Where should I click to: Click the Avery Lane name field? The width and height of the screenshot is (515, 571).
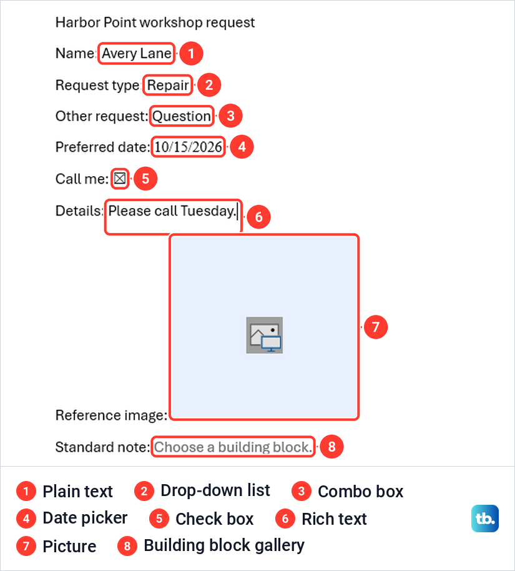click(x=137, y=54)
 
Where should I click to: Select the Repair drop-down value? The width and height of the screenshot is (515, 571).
click(x=168, y=85)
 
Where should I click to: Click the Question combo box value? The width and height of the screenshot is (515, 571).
click(x=182, y=116)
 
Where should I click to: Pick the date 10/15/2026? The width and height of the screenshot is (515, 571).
click(x=188, y=147)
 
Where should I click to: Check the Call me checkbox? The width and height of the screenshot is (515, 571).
click(x=120, y=179)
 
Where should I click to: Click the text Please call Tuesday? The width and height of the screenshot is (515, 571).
click(x=172, y=211)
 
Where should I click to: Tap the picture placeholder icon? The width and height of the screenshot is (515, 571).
click(x=265, y=335)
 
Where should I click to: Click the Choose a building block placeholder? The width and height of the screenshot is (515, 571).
click(x=233, y=447)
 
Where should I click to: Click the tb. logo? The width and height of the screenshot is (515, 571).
click(x=485, y=518)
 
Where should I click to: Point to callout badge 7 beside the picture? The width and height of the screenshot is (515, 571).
click(x=376, y=327)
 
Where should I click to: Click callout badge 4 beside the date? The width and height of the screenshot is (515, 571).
click(x=242, y=147)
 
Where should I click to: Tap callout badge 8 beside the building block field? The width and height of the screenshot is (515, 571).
click(x=331, y=447)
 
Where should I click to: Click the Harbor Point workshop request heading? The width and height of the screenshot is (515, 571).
click(x=155, y=22)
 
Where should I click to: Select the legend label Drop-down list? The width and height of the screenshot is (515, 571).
click(x=215, y=490)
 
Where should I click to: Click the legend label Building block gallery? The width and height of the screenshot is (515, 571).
click(x=224, y=545)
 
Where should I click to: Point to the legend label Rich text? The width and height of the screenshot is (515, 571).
click(x=334, y=519)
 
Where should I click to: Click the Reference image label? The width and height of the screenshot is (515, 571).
click(x=111, y=415)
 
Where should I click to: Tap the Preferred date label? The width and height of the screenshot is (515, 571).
click(x=102, y=147)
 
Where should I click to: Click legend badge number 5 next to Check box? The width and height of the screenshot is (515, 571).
click(x=159, y=519)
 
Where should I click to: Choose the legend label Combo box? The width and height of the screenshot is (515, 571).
click(x=361, y=492)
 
